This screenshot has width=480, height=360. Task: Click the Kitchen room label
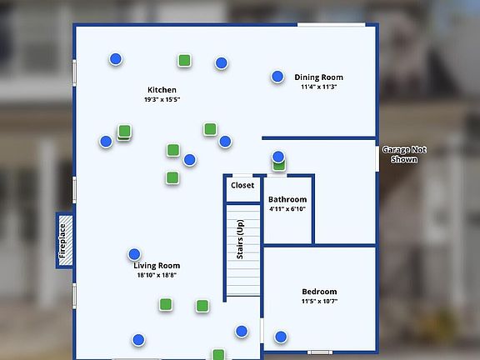coord(162,90)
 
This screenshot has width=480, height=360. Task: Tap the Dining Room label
coord(318,77)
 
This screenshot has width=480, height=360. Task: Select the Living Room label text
coord(157,265)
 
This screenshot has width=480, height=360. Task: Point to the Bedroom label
coord(319,292)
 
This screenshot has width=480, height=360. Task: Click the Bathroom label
coord(287,199)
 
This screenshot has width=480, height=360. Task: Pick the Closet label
coord(242,185)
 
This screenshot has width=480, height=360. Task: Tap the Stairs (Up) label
coord(240,239)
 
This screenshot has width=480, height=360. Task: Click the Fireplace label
coord(62,241)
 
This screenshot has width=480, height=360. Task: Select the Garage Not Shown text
coord(404,155)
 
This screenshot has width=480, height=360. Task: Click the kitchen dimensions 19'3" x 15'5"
coord(162,99)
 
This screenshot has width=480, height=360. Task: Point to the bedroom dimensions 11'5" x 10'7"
coord(319,301)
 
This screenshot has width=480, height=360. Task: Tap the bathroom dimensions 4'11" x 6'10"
coord(287,209)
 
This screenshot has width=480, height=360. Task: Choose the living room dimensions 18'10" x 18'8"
coord(157,275)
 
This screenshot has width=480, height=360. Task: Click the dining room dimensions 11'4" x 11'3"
coord(318,87)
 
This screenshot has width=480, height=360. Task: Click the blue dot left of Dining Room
coord(277,77)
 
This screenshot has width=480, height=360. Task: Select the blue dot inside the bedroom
coord(281,337)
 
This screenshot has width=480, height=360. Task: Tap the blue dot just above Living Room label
coord(134,254)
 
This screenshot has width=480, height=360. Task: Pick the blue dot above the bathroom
coord(278,157)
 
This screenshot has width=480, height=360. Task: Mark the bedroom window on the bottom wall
coord(320,352)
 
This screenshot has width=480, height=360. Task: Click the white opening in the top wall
coord(331,24)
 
